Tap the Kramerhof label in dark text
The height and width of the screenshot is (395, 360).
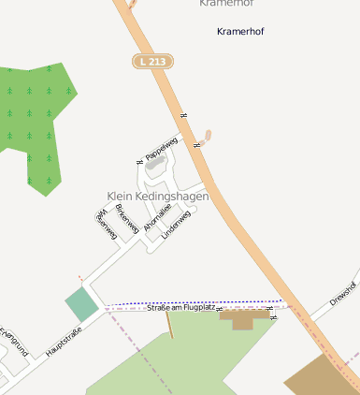coord(240,31)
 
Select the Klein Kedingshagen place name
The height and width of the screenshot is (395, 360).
coord(157,197)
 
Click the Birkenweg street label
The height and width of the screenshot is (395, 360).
coord(126,218)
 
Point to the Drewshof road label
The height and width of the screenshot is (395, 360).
coord(343,294)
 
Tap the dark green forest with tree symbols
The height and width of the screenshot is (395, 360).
coord(37,122)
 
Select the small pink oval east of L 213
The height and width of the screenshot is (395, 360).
coord(207,136)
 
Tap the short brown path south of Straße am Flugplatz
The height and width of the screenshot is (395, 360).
coord(169,325)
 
